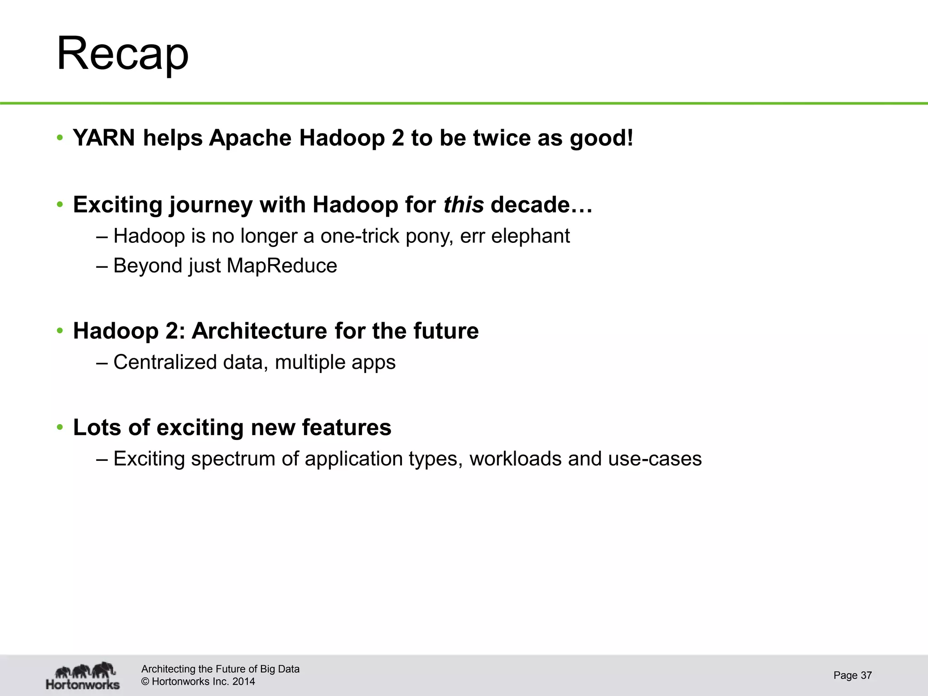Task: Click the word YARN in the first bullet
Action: click(x=104, y=138)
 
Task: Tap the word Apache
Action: click(x=251, y=138)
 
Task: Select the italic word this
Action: click(x=463, y=205)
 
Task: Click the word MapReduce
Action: click(x=281, y=266)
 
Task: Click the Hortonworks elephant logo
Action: click(x=83, y=675)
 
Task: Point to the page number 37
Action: click(x=866, y=675)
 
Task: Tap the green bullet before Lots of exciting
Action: click(x=59, y=428)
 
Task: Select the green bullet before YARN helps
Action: click(x=59, y=138)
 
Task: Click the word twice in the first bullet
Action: click(x=502, y=138)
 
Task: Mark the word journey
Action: click(x=211, y=205)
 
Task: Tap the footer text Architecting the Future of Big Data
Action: click(x=220, y=669)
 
